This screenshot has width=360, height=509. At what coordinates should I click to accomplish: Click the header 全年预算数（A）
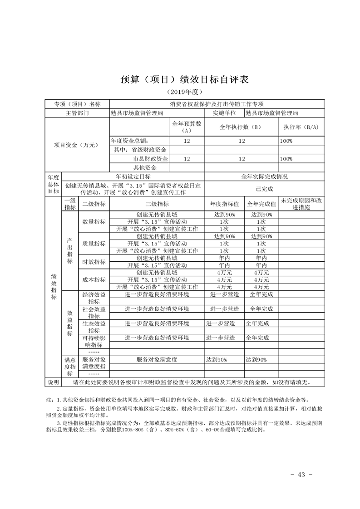coord(187,127)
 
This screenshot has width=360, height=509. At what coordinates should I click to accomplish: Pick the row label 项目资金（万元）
coord(76,145)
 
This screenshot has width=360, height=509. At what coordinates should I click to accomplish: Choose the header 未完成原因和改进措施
coord(301,204)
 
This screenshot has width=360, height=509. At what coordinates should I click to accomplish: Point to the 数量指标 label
coord(94,222)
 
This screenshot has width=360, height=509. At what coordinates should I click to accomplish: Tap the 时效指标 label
coord(94,262)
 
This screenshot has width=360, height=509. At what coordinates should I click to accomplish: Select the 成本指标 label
coord(94,279)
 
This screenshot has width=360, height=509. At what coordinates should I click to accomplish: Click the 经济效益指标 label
coord(94,298)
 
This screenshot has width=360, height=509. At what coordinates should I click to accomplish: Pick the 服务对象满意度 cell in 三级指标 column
coord(157,360)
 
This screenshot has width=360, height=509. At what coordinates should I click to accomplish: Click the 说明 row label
coord(54,382)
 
